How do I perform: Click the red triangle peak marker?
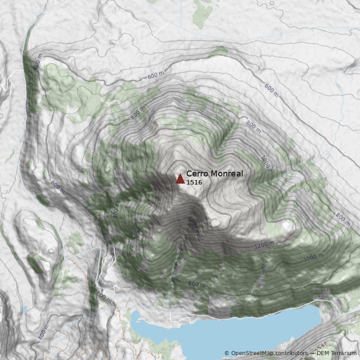[180, 179]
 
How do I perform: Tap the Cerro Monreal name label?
[215, 174]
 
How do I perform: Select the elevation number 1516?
[194, 182]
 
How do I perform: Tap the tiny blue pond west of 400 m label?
[24, 310]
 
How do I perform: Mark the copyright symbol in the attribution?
[227, 353]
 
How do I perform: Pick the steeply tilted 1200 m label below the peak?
[194, 225]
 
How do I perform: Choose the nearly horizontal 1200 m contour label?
[264, 245]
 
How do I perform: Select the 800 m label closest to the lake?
[197, 284]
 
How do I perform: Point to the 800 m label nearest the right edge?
[343, 220]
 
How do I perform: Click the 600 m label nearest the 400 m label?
[103, 297]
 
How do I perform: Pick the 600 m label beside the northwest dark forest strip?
[37, 63]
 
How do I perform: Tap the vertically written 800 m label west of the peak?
[116, 210]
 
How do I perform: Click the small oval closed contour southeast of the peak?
[215, 222]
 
